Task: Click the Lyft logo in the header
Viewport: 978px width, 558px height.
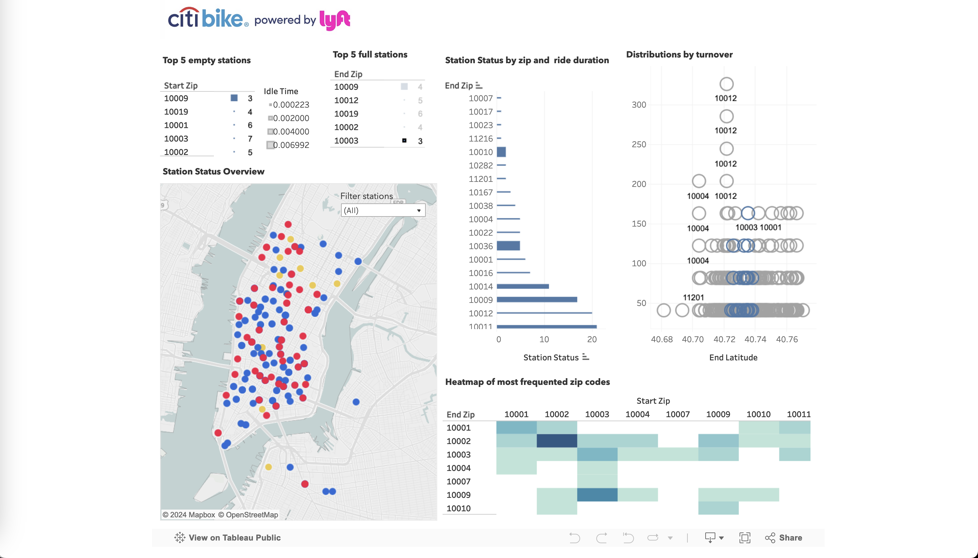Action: pyautogui.click(x=334, y=19)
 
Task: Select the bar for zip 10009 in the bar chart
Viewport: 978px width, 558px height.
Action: pyautogui.click(x=536, y=300)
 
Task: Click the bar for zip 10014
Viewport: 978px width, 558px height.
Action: pyautogui.click(x=523, y=286)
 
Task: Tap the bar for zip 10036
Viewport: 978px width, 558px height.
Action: pyautogui.click(x=509, y=246)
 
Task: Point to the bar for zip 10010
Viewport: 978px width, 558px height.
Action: pyautogui.click(x=501, y=152)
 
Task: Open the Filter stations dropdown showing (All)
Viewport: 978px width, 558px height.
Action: pyautogui.click(x=383, y=210)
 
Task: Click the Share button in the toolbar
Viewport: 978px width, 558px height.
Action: pyautogui.click(x=784, y=538)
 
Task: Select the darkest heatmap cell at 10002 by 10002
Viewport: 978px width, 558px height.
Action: pyautogui.click(x=557, y=441)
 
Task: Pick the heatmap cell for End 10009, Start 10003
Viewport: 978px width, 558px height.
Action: pyautogui.click(x=597, y=495)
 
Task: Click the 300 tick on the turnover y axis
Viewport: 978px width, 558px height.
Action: pyautogui.click(x=639, y=105)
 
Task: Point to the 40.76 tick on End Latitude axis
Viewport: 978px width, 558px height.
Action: pyautogui.click(x=787, y=339)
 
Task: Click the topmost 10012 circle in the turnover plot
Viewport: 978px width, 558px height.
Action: pyautogui.click(x=726, y=84)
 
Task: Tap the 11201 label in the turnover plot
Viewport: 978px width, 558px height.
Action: pyautogui.click(x=693, y=297)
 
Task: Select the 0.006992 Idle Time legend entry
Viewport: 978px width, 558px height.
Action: pyautogui.click(x=291, y=145)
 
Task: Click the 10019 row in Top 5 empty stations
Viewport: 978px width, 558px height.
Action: pyautogui.click(x=176, y=112)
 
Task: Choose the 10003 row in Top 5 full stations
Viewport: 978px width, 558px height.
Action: pyautogui.click(x=346, y=141)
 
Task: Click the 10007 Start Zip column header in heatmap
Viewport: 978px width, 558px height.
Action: pyautogui.click(x=677, y=414)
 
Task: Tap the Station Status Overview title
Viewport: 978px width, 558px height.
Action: pyautogui.click(x=213, y=171)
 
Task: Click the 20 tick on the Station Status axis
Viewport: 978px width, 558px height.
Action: pyautogui.click(x=592, y=339)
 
